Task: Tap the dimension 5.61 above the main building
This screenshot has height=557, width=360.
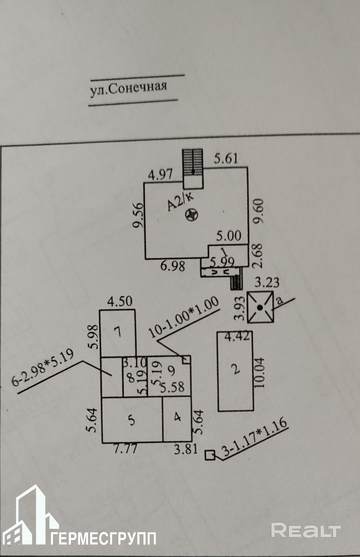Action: tap(226, 159)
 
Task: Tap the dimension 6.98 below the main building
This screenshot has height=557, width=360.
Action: tap(173, 266)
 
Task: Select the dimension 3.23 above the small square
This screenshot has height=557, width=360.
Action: tap(267, 282)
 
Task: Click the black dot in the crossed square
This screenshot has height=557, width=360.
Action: tap(260, 307)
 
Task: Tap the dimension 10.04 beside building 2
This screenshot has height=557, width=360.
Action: tap(259, 373)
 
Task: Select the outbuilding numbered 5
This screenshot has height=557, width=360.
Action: tap(132, 420)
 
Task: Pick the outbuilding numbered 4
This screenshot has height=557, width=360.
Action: tap(177, 417)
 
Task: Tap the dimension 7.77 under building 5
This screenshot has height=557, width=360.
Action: tap(125, 448)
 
